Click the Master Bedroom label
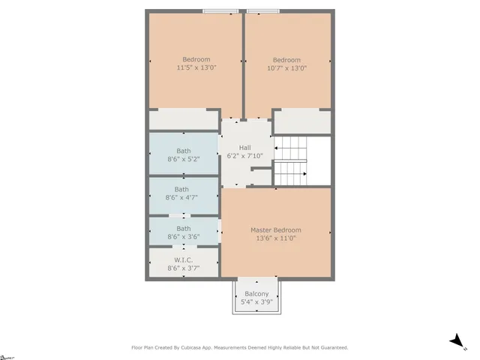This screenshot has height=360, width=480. (276, 230)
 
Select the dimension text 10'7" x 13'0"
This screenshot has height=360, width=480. (286, 68)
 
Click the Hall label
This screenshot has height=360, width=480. (245, 148)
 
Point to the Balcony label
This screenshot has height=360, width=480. (256, 294)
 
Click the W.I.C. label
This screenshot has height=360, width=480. (183, 260)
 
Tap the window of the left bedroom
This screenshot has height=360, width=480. (220, 11)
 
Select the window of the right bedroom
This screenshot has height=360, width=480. (263, 11)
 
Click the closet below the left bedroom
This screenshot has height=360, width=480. (183, 120)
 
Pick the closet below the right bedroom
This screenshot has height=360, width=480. (301, 121)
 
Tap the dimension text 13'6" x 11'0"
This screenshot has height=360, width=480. (276, 238)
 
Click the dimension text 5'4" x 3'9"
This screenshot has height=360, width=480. (256, 302)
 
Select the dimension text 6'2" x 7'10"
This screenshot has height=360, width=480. (245, 156)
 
